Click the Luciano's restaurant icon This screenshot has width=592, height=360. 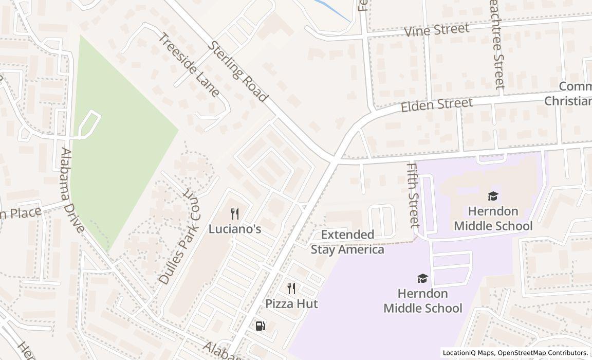point(235,214)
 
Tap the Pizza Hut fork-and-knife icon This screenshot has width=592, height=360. point(291,289)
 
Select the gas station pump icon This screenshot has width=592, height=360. point(261,326)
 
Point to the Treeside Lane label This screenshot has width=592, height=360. point(189,65)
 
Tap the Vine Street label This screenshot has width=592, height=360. point(437,30)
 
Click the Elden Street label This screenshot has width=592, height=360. point(436,105)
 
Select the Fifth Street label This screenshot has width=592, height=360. point(413,195)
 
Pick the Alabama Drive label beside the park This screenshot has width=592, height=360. point(72,190)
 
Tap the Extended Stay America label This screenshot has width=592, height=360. point(347,242)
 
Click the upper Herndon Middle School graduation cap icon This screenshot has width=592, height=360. point(493,196)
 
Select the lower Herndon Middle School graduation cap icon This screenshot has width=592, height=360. point(422,278)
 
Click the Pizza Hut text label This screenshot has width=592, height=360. point(291,304)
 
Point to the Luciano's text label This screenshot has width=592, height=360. point(235,229)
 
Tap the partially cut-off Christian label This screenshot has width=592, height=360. point(568,101)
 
